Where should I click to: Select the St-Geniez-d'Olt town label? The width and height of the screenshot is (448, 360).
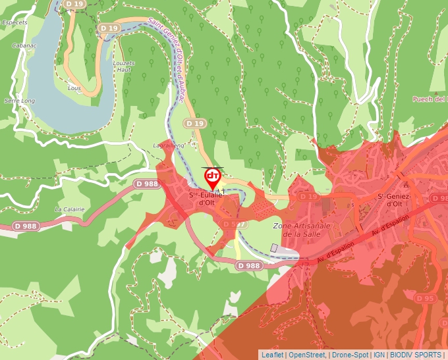coord(394,199)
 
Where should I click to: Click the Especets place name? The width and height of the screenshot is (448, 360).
coord(15,22)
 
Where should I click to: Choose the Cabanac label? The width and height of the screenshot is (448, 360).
coord(24,45)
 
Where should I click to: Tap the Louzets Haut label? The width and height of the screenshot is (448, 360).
coord(124,66)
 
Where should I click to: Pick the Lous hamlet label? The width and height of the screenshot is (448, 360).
coord(74,87)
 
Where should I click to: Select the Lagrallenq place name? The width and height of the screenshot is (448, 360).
coord(169,145)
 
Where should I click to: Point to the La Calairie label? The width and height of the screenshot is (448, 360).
coord(69,209)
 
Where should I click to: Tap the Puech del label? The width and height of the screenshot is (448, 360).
coord(430,99)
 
